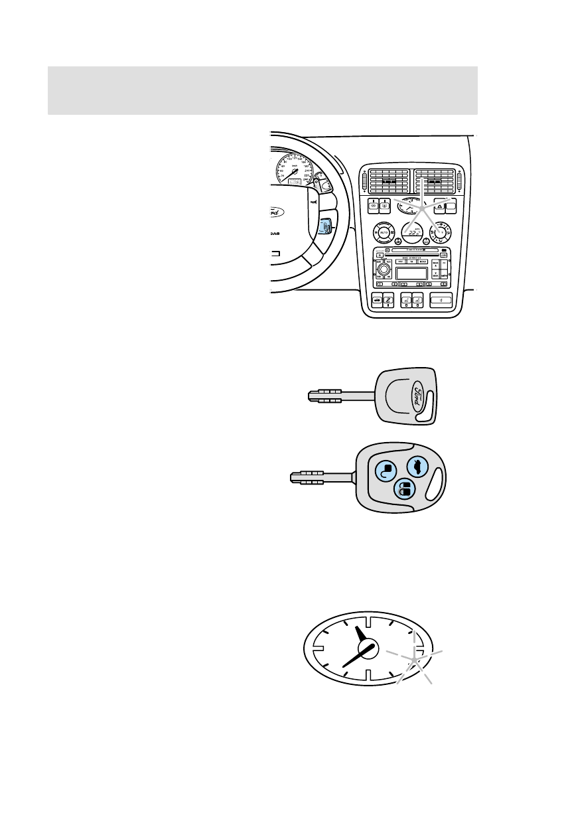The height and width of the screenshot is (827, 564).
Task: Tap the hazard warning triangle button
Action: [440, 206]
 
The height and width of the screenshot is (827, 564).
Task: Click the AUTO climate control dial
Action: [383, 234]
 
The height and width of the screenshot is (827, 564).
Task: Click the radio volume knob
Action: [384, 272]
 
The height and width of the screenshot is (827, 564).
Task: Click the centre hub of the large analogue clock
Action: [366, 648]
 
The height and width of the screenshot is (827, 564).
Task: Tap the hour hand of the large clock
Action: [361, 637]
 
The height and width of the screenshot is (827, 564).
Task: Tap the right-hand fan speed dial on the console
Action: [439, 234]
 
